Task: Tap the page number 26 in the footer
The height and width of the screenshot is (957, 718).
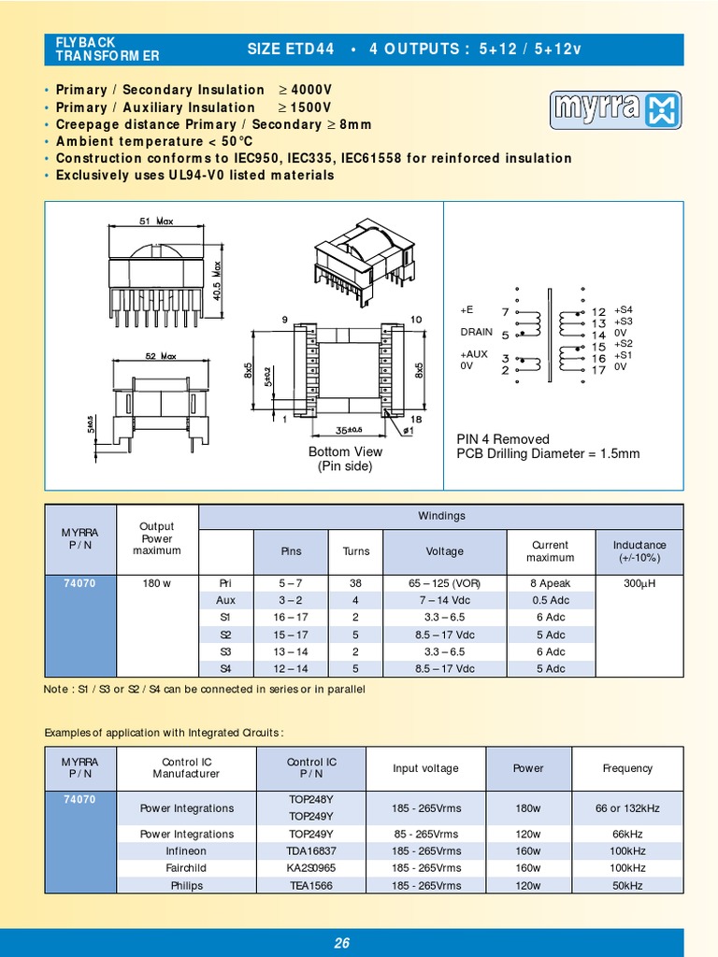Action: tap(341, 943)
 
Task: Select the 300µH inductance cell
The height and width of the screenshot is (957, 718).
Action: tap(639, 583)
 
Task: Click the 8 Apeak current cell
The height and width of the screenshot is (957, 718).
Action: tap(550, 583)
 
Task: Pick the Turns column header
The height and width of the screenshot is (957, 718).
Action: tap(356, 551)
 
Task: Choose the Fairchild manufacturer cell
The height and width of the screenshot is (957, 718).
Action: tap(187, 868)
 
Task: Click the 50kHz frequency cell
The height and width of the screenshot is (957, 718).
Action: tap(627, 885)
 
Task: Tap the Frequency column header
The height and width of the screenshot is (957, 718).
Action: tap(627, 768)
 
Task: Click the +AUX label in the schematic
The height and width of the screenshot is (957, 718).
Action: tap(474, 355)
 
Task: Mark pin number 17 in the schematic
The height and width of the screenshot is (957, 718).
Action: tap(598, 370)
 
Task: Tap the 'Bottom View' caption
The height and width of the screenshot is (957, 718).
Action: tap(345, 451)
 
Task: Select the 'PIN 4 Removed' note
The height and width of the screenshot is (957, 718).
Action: tap(502, 439)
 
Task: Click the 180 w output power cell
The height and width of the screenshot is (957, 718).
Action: tap(157, 583)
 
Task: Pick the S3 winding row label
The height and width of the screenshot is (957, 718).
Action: tap(225, 651)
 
